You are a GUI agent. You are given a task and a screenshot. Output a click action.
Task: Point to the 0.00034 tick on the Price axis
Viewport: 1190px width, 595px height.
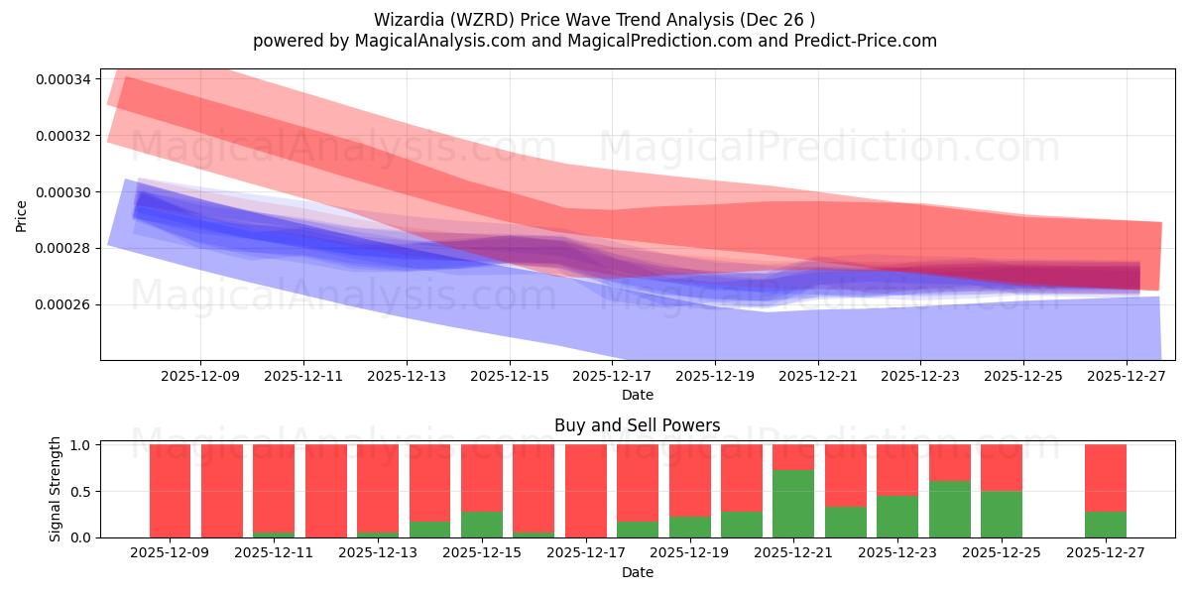62,79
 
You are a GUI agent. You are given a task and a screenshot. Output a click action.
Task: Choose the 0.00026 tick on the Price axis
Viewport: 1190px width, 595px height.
62,304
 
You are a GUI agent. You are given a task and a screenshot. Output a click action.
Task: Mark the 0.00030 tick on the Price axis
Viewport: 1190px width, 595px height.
62,191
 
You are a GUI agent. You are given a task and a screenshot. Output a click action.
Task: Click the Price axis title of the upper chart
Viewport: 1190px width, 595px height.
22,215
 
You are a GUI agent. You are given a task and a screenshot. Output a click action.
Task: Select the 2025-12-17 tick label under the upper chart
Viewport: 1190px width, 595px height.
612,377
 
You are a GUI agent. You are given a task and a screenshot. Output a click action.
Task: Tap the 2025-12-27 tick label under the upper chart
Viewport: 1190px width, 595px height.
1127,377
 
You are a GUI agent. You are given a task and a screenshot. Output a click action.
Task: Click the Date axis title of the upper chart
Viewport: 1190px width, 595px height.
638,395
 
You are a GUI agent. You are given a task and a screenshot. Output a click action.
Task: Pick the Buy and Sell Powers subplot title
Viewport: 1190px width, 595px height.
638,425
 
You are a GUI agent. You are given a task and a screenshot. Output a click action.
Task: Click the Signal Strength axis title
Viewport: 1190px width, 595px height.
56,489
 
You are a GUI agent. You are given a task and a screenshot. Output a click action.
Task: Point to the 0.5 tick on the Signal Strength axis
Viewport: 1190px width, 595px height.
82,491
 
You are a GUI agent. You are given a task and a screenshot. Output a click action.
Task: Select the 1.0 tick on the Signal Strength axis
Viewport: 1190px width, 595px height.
82,445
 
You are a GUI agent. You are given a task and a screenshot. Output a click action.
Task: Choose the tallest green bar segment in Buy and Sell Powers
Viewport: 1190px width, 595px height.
793,504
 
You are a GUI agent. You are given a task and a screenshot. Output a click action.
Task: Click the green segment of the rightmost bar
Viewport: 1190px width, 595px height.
1106,525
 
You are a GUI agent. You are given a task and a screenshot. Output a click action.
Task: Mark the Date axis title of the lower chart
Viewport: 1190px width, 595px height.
638,572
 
